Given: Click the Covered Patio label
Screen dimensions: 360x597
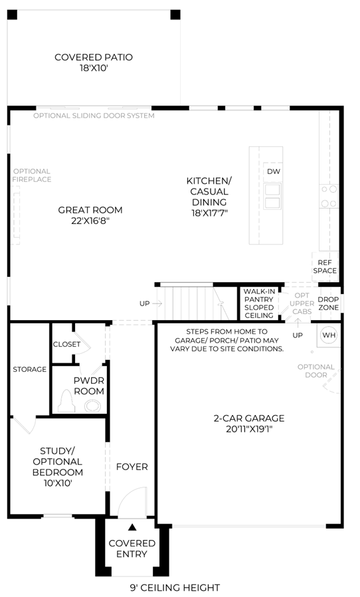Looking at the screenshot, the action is tap(94, 62).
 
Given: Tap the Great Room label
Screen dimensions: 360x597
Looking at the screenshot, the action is tap(90, 215).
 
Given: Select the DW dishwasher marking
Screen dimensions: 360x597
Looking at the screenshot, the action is tap(273, 171).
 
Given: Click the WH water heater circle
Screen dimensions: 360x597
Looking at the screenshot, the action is tap(329, 335).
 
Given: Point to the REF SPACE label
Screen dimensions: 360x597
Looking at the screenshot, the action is tap(325, 266).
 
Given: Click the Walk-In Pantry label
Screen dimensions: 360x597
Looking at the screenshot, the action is tap(259, 303).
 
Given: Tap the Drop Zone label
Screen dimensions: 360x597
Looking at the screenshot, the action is tap(328, 303).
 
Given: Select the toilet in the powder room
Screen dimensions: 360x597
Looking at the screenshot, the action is tap(66, 402).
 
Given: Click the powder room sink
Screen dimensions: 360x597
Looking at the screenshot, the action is tap(92, 406).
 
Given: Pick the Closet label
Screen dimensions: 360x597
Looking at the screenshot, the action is tap(66, 344).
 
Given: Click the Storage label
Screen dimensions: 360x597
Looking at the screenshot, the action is tap(29, 369).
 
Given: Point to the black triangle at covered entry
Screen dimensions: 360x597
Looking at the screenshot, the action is tap(132, 527).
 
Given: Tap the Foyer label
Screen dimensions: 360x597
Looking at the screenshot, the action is tap(132, 467).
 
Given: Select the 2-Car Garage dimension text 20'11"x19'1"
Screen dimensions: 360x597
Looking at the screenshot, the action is tap(249, 429).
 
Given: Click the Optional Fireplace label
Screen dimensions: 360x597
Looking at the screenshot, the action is tap(32, 175).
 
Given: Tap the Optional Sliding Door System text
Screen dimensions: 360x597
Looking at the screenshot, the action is tap(94, 116).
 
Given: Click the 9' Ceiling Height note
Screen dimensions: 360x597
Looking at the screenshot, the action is tap(175, 588).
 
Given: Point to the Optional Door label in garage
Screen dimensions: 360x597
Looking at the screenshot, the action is tap(315, 371).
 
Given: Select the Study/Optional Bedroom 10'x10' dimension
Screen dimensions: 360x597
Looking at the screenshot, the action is tap(58, 483).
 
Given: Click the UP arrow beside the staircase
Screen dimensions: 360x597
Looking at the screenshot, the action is tap(157, 303).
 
